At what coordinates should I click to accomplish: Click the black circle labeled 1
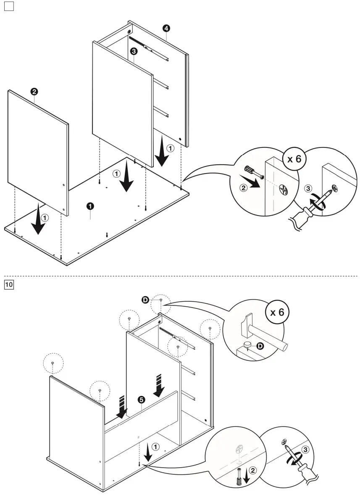(x=90, y=205)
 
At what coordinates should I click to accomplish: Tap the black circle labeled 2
(x=34, y=91)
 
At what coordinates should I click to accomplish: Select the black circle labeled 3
(x=133, y=51)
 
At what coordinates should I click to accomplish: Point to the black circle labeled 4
(x=166, y=28)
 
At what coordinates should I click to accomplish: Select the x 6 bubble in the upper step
(x=294, y=160)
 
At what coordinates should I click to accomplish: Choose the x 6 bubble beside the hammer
(x=277, y=313)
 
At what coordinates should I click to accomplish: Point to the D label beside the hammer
(x=260, y=346)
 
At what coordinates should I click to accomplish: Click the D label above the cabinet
(x=145, y=300)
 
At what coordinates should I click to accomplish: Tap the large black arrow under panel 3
(x=126, y=182)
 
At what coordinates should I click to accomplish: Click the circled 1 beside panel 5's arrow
(x=156, y=447)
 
